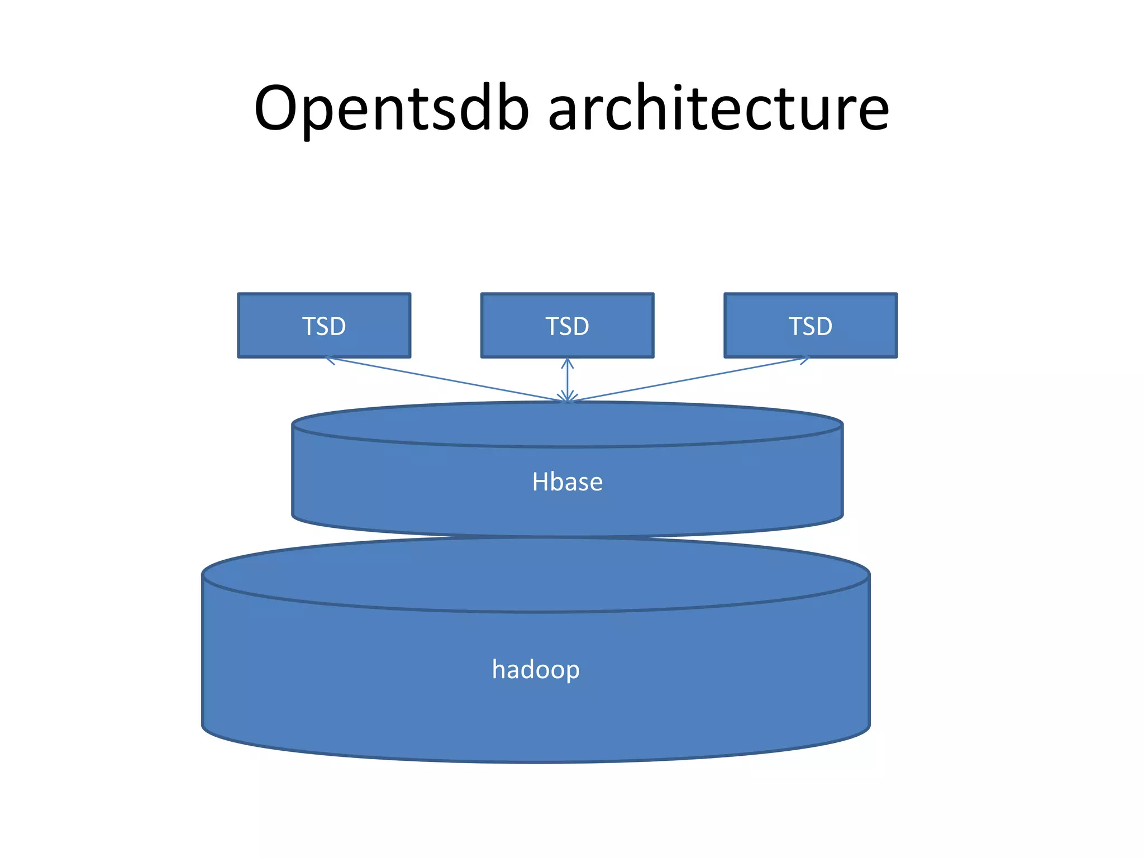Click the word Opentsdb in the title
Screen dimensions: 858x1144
(391, 109)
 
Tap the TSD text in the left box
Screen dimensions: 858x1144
(324, 326)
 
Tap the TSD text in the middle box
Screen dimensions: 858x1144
(567, 326)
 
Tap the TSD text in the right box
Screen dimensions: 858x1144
(811, 326)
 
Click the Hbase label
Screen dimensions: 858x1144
(567, 482)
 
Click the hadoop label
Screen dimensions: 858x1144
(536, 669)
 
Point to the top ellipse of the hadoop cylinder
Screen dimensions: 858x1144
(536, 575)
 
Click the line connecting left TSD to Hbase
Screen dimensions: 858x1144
(447, 380)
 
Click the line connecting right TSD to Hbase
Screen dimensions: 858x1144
(687, 379)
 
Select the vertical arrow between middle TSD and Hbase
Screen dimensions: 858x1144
(568, 380)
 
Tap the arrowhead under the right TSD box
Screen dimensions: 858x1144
(805, 360)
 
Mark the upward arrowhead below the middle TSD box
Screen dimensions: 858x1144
(568, 363)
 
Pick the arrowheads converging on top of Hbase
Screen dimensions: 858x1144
(568, 398)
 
